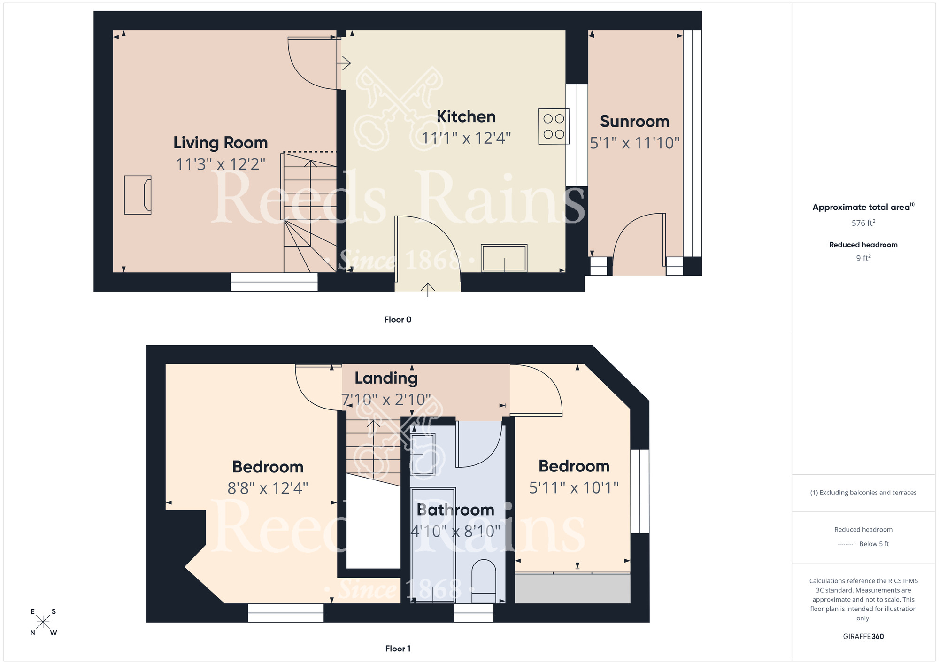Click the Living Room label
tap(220, 142)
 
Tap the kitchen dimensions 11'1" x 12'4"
tap(466, 138)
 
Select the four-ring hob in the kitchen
tap(554, 126)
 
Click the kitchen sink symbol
tap(504, 258)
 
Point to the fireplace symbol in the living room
tap(138, 195)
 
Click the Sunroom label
tap(634, 121)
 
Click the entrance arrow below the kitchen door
tap(428, 289)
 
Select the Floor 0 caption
tap(398, 319)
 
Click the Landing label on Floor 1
tap(386, 378)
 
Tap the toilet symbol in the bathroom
tap(484, 581)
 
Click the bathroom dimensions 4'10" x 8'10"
tap(455, 531)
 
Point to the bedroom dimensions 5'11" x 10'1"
tap(574, 487)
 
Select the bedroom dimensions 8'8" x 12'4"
tap(268, 488)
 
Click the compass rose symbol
tap(43, 622)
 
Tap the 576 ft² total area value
tap(863, 223)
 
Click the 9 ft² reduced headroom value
tap(863, 258)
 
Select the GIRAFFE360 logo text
tap(863, 636)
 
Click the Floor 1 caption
tap(398, 649)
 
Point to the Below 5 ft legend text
tap(873, 544)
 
